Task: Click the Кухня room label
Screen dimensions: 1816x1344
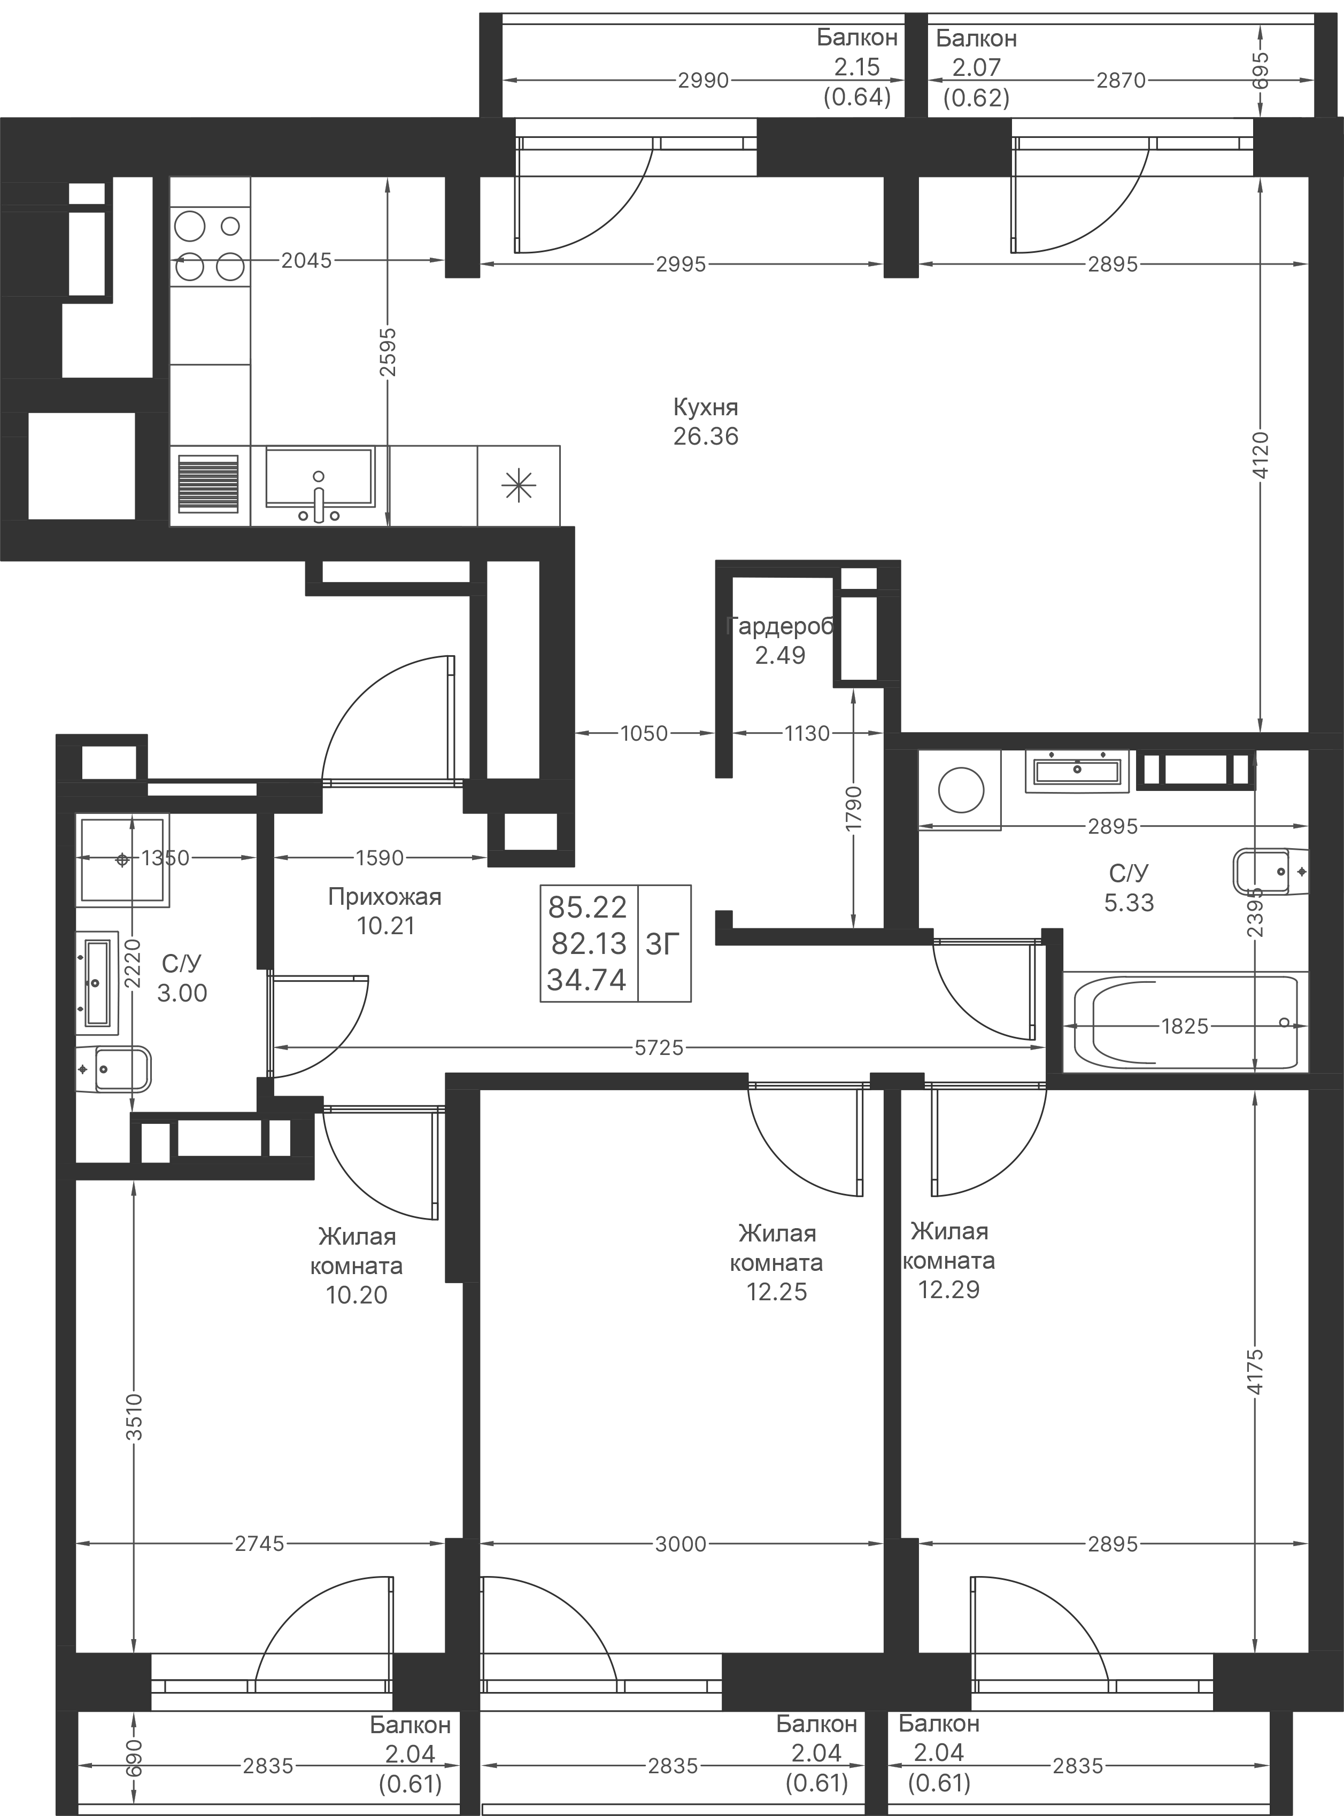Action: click(x=705, y=407)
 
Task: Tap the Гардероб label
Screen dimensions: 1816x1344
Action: click(x=779, y=626)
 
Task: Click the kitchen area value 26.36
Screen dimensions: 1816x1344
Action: click(x=705, y=436)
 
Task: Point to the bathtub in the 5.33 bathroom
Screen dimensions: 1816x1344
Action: click(x=1185, y=1023)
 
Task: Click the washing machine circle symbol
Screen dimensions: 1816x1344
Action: click(x=961, y=789)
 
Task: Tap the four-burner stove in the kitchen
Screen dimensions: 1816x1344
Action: click(x=209, y=245)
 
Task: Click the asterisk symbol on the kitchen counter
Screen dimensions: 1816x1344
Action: click(x=518, y=486)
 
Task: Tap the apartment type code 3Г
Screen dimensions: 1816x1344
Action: click(x=662, y=944)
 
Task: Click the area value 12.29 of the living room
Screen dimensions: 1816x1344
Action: click(x=948, y=1289)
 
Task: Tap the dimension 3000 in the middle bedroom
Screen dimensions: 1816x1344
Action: click(x=680, y=1543)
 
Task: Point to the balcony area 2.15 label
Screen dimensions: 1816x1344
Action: click(x=856, y=67)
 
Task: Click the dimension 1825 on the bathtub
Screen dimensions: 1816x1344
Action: click(x=1185, y=1026)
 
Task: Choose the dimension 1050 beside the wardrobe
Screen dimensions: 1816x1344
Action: click(x=644, y=734)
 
